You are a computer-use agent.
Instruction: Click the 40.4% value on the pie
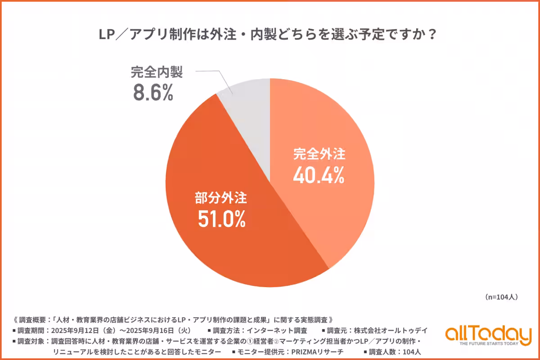pos(319,175)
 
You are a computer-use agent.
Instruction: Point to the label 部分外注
pos(220,198)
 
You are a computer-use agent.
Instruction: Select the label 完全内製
pos(157,72)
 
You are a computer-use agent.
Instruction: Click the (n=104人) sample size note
pos(502,297)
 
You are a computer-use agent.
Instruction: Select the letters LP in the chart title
pos(107,35)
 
